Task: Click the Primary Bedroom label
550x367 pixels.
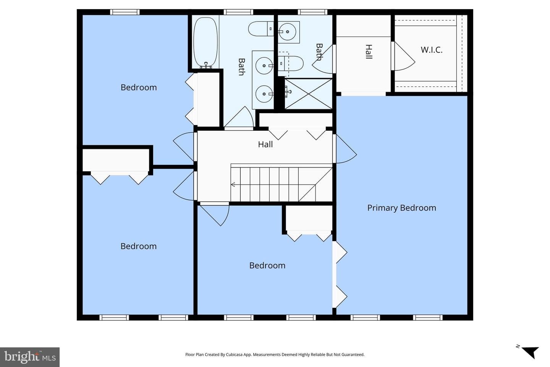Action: pos(402,208)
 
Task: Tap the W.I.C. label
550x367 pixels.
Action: pos(432,50)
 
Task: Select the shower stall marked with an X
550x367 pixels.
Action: pos(308,94)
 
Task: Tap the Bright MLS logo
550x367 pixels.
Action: pos(30,357)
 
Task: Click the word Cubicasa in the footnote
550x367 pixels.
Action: pos(235,355)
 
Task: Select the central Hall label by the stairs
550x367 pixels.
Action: pos(265,145)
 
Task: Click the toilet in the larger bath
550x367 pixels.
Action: pos(261,29)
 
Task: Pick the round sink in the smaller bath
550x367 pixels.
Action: pos(287,32)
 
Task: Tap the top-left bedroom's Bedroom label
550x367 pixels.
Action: pos(139,88)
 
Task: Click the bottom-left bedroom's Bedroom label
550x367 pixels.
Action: pos(139,246)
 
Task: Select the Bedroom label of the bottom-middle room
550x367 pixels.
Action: pos(267,265)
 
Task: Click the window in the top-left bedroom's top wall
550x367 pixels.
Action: pos(125,12)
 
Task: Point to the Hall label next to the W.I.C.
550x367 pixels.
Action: pos(369,52)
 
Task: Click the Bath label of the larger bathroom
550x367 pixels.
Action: pos(242,67)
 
